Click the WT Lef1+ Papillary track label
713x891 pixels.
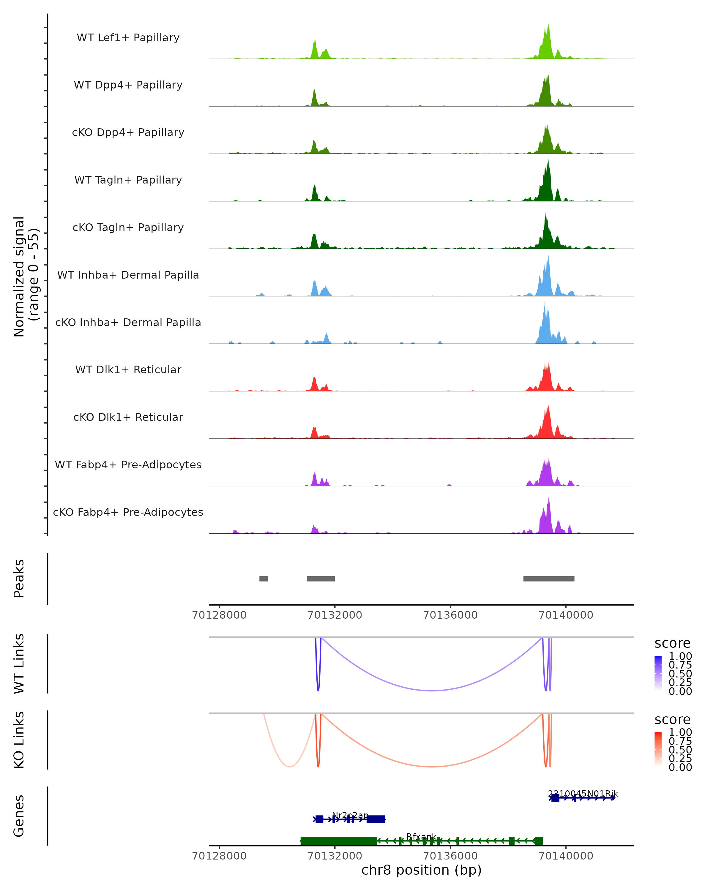128,38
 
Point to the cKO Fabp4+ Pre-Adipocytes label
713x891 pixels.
128,512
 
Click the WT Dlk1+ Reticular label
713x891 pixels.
128,369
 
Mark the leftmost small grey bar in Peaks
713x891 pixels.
263,579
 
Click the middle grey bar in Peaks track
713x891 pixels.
321,579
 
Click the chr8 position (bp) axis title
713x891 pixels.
421,870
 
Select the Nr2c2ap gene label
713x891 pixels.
350,815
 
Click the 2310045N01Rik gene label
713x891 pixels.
583,794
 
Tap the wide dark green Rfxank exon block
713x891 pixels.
338,841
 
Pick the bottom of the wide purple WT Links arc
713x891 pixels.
432,690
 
